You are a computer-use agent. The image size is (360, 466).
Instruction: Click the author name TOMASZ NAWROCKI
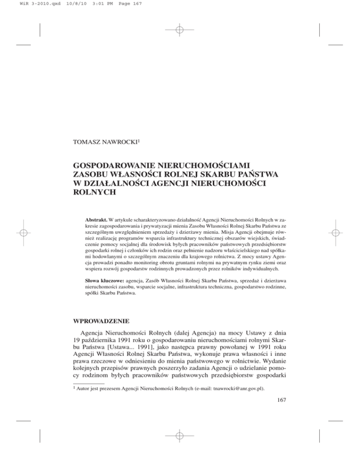click(105, 140)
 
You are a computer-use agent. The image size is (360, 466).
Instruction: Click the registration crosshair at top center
click(180, 30)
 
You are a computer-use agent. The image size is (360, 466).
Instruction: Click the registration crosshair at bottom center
click(180, 436)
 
